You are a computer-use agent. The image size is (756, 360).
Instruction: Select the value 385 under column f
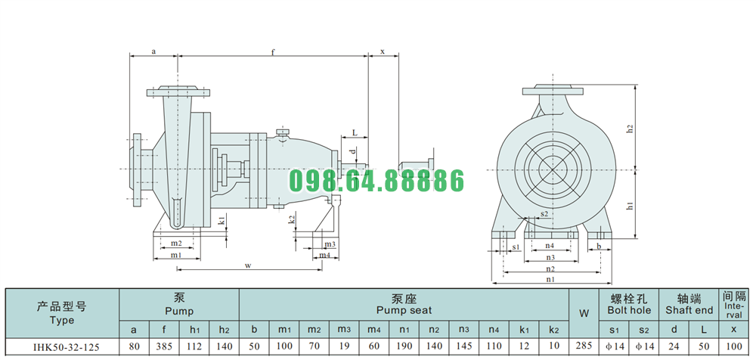[x=164, y=348]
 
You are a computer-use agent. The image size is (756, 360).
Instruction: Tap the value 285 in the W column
[x=584, y=348]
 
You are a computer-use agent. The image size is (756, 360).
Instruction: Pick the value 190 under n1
[x=405, y=348]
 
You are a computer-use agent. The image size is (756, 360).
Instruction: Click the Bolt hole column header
[x=629, y=305]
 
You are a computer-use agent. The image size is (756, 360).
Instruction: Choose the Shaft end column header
[x=689, y=305]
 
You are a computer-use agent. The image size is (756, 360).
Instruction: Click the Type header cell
[x=62, y=313]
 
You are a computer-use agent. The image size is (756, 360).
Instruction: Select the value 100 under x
[x=733, y=348]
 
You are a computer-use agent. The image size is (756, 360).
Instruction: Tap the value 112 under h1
[x=194, y=348]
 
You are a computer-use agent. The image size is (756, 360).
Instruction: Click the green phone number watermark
[x=376, y=182]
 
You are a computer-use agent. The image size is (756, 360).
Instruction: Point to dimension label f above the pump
[x=272, y=51]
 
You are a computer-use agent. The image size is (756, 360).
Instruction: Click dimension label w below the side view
[x=247, y=265]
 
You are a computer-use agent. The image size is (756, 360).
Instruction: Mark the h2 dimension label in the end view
[x=629, y=129]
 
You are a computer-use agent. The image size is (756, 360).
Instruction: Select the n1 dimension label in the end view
[x=550, y=278]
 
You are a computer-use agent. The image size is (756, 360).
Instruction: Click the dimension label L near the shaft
[x=354, y=132]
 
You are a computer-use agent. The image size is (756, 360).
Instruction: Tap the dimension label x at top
[x=383, y=51]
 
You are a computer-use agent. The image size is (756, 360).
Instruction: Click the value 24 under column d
[x=674, y=348]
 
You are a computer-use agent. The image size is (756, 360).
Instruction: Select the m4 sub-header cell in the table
[x=373, y=330]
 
